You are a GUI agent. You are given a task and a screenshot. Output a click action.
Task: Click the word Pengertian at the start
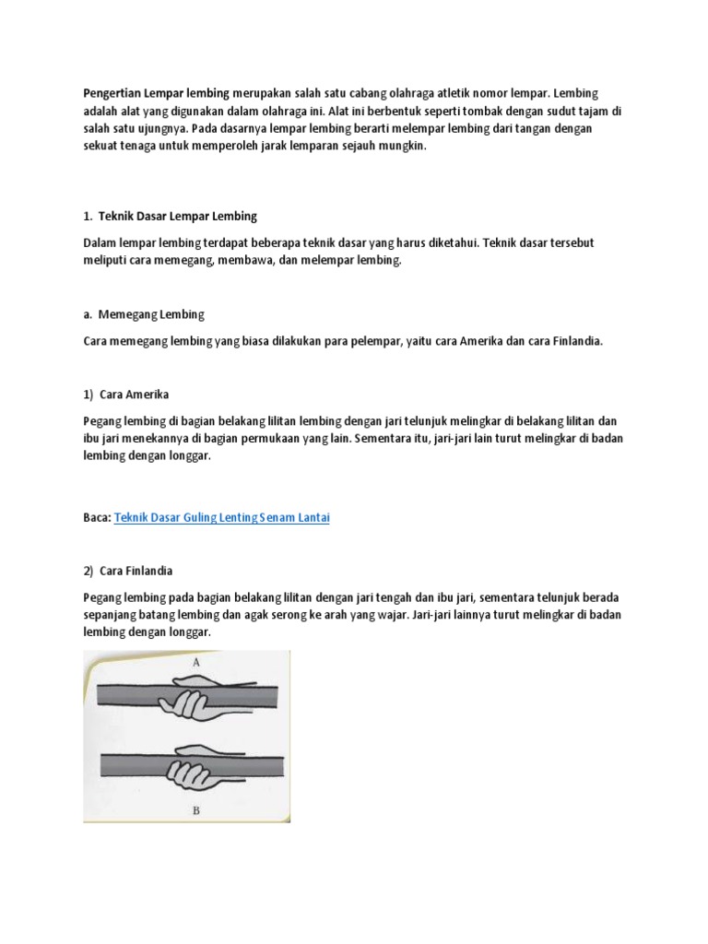(112, 92)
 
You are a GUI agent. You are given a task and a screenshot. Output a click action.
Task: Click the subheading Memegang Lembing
(151, 313)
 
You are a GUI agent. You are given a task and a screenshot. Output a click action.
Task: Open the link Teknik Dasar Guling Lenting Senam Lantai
(221, 518)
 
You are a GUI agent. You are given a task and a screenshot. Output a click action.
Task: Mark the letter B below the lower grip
(197, 812)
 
